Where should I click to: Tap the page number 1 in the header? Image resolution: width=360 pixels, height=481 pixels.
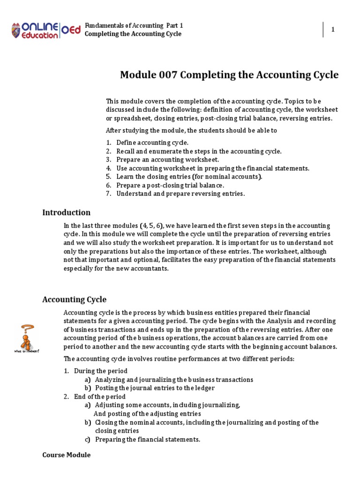pos(333,30)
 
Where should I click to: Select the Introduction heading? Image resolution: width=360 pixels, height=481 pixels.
pos(66,212)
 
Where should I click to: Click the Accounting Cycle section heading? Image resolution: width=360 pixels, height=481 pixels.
pos(74,299)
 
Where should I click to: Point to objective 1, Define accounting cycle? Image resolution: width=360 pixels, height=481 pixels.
pos(152,142)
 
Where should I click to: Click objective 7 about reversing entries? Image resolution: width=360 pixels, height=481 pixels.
pos(180,194)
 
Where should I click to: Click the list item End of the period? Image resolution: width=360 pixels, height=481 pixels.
pos(100,396)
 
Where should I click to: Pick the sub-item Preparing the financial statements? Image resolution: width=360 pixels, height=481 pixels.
pos(148,440)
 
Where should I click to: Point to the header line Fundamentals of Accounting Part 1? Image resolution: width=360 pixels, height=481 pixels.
pos(134,25)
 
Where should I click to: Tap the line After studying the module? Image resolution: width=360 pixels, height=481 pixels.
pos(191,130)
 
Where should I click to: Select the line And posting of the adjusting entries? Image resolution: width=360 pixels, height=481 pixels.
pos(147,414)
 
